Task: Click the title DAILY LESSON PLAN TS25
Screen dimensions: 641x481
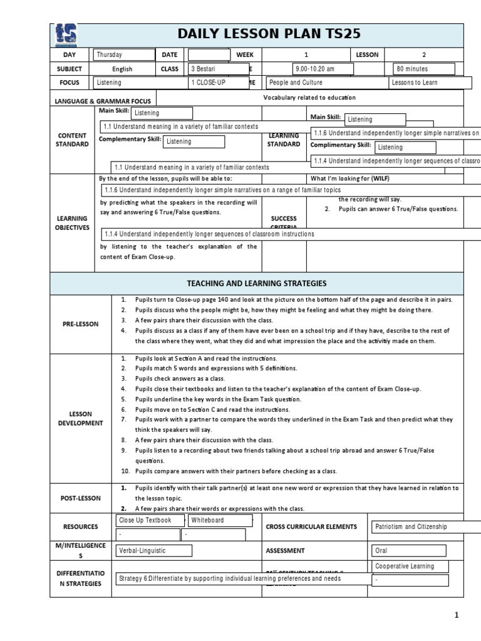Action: click(x=269, y=34)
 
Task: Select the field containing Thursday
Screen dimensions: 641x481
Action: click(x=124, y=55)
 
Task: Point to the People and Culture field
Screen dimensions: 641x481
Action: click(x=325, y=83)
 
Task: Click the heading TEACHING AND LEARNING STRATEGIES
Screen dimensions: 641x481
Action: click(x=257, y=284)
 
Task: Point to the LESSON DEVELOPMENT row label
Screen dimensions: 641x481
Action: click(x=81, y=418)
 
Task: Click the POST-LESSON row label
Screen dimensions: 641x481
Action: click(x=81, y=498)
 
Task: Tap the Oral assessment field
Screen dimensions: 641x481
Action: click(x=408, y=551)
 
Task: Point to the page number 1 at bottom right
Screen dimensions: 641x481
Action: click(x=457, y=615)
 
